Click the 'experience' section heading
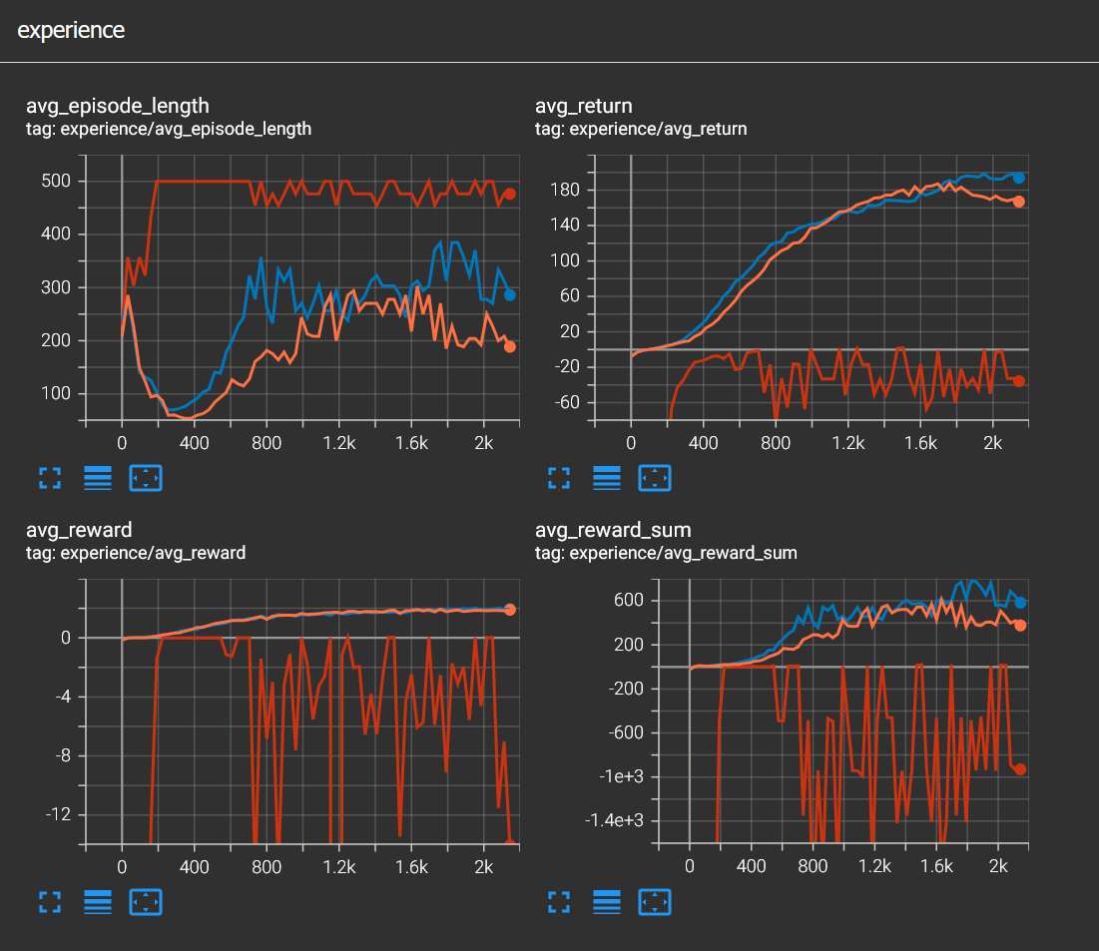pos(71,30)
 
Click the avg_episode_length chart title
pos(118,106)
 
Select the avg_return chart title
pos(584,106)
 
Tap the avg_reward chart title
pos(82,529)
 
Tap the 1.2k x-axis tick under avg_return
pos(848,441)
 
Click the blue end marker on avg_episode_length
pos(509,294)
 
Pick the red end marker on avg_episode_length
pos(509,194)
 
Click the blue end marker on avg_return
pos(1018,178)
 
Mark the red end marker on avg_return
pos(1018,380)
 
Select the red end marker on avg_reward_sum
pos(1020,768)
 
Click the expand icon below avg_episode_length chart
pos(50,478)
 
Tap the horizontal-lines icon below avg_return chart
pos(607,478)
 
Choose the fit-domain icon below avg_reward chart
pos(146,903)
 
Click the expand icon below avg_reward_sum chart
pos(559,903)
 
